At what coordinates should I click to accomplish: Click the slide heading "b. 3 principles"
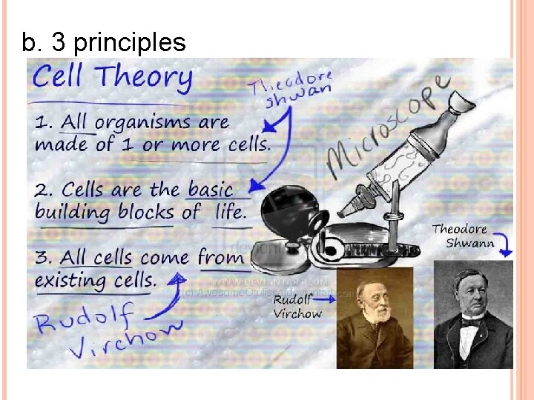coord(104,43)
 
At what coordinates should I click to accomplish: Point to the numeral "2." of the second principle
coord(46,190)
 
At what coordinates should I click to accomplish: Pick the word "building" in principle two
coord(70,212)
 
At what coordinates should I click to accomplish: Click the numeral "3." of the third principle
coord(46,258)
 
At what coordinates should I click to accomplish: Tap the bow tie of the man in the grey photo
coord(469,322)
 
